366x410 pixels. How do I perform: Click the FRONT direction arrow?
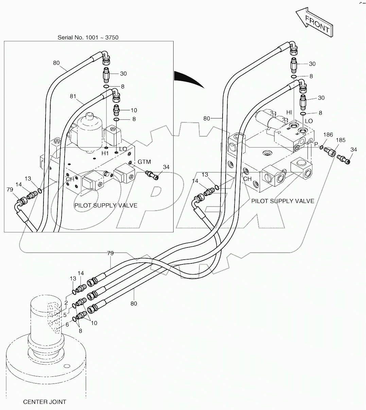point(314,23)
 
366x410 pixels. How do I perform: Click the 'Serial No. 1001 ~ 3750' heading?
point(88,37)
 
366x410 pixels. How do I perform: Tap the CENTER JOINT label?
point(45,402)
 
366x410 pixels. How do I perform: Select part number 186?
point(328,135)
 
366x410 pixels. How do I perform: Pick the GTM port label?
point(144,162)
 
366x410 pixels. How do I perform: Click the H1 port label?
point(105,154)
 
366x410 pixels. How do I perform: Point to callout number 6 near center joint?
point(67,324)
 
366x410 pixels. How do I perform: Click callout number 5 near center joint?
point(65,315)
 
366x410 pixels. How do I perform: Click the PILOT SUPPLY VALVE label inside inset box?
point(106,205)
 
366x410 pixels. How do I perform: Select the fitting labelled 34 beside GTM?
point(152,174)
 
